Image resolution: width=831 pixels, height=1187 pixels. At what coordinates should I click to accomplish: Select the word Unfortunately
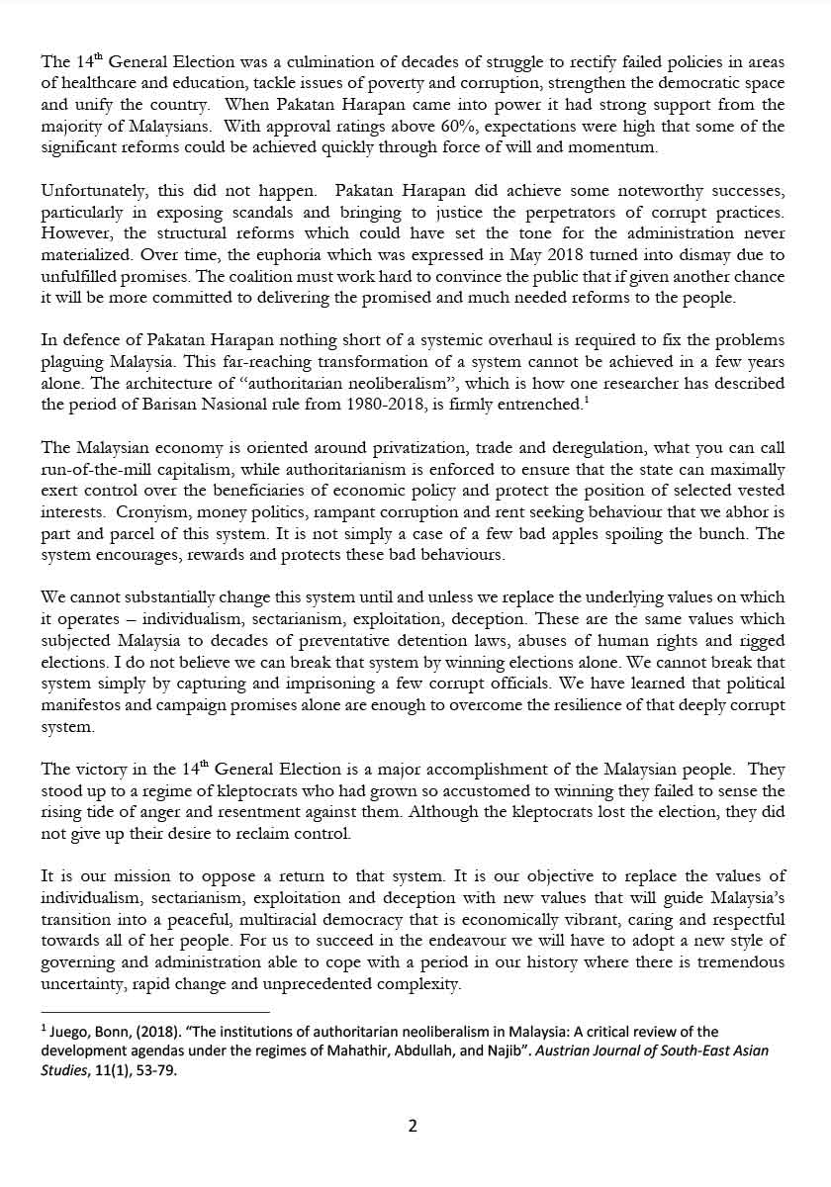coord(90,190)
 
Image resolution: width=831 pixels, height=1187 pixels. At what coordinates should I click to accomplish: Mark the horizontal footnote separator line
coord(155,1011)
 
